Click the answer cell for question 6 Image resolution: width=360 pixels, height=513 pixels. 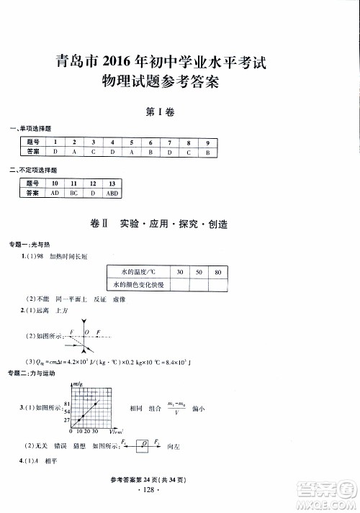pyautogui.click(x=150, y=153)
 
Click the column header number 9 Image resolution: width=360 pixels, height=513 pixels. pyautogui.click(x=207, y=142)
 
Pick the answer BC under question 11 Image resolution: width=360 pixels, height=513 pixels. pyautogui.click(x=73, y=194)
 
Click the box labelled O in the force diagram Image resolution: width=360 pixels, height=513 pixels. pyautogui.click(x=145, y=446)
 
